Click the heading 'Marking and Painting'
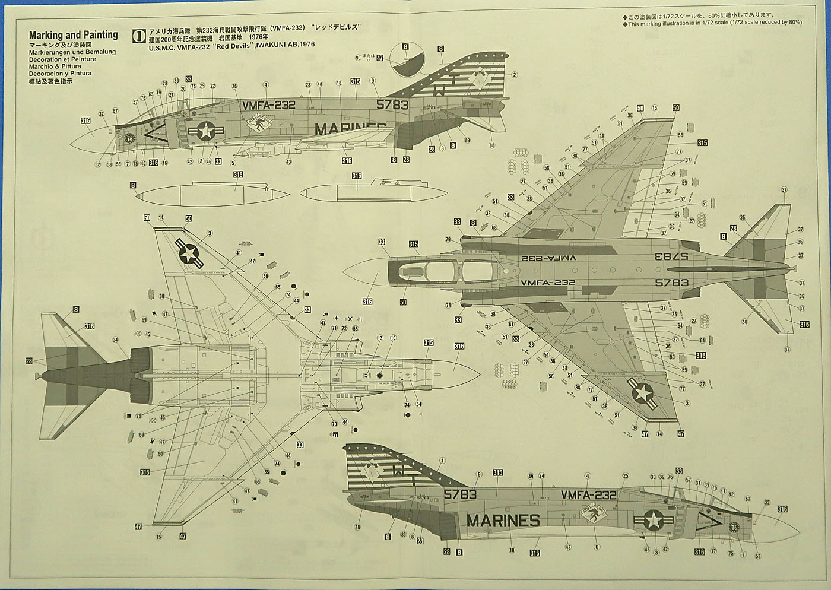click(x=73, y=35)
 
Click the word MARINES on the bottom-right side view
click(x=503, y=521)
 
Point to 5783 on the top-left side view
click(x=392, y=105)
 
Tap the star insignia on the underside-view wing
click(x=189, y=254)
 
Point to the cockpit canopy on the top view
click(x=442, y=272)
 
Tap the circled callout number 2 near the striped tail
click(x=515, y=75)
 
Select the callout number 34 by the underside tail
click(x=115, y=340)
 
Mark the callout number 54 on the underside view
click(x=418, y=404)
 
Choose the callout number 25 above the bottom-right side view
click(x=625, y=476)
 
